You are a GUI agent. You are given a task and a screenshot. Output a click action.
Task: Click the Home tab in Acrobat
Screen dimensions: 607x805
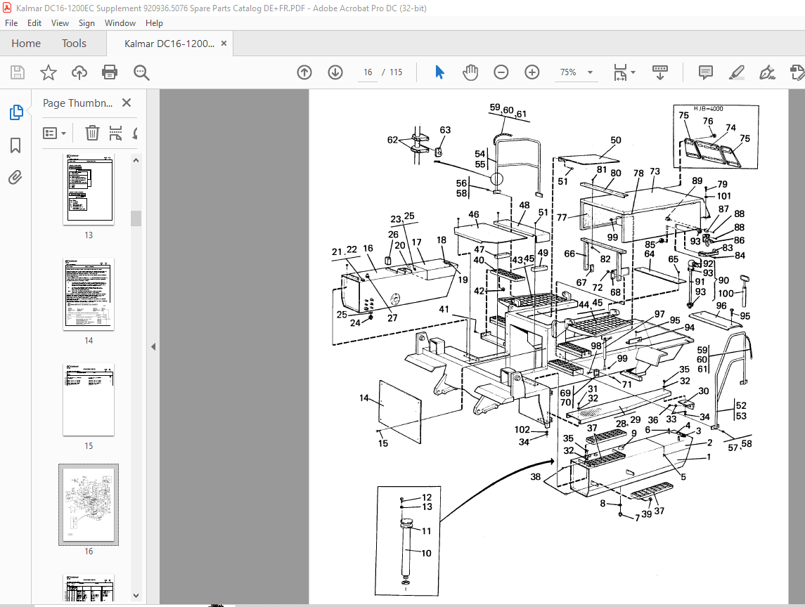click(x=26, y=44)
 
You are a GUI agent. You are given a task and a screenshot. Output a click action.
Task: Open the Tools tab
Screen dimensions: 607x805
click(x=74, y=44)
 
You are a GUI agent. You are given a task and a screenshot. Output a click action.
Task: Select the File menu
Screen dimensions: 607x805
click(x=11, y=23)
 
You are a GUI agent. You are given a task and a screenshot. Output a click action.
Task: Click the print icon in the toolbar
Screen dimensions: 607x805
click(x=110, y=72)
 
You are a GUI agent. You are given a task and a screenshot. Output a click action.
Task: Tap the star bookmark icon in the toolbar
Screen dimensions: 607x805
click(x=48, y=72)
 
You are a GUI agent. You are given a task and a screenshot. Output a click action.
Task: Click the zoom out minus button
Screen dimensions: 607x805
click(x=501, y=72)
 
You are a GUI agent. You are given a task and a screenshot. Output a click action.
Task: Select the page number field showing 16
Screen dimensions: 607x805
click(x=368, y=72)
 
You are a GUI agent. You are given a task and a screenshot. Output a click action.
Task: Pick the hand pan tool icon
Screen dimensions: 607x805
click(x=470, y=72)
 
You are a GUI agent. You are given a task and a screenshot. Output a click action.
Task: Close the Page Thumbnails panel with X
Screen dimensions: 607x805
click(x=127, y=103)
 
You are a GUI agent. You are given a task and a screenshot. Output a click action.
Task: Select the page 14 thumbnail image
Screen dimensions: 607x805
click(x=89, y=294)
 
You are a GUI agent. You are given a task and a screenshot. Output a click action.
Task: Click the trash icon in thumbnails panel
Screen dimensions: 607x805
click(x=92, y=133)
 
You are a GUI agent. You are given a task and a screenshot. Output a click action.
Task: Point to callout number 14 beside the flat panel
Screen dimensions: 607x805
click(x=363, y=398)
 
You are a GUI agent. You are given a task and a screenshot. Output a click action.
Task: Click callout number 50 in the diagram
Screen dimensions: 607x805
click(x=616, y=141)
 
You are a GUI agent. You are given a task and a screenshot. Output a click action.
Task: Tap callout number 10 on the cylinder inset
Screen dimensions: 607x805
click(x=426, y=554)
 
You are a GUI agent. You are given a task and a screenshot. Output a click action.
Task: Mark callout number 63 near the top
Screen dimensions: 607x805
click(x=445, y=130)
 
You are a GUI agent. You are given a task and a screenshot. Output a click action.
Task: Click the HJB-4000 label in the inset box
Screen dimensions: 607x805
click(x=708, y=109)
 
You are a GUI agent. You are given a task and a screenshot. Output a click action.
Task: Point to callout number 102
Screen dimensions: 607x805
click(x=522, y=429)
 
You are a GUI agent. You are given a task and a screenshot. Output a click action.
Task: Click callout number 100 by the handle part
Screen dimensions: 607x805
click(x=725, y=294)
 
